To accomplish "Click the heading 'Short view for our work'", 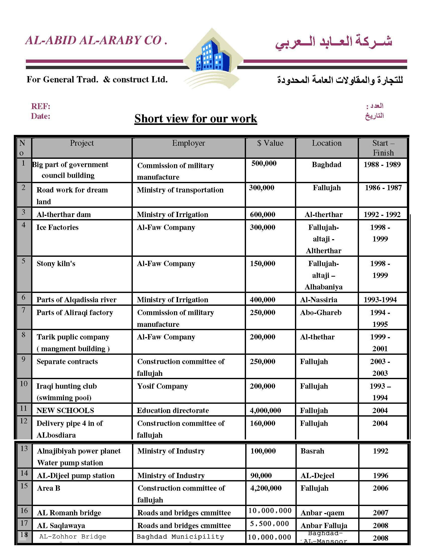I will click(196, 119).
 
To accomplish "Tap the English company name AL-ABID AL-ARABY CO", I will click(96, 40).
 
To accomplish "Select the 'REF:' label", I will click(40, 106).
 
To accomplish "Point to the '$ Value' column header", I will click(270, 143).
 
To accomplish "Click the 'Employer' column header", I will click(189, 143).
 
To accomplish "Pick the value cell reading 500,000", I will click(264, 164).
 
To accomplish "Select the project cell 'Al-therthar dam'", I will click(64, 215).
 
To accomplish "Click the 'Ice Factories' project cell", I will click(57, 227).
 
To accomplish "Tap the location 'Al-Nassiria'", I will click(319, 300).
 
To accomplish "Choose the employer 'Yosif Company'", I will click(162, 386).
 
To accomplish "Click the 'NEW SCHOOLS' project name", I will click(65, 411).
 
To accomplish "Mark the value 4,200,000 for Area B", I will click(266, 488).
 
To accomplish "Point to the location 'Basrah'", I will click(312, 451).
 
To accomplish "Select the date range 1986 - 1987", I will click(383, 188).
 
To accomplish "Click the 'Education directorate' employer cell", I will click(173, 411).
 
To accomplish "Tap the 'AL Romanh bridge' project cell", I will click(69, 513).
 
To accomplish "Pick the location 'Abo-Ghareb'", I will click(321, 313).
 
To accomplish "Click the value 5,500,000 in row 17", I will click(269, 524).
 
